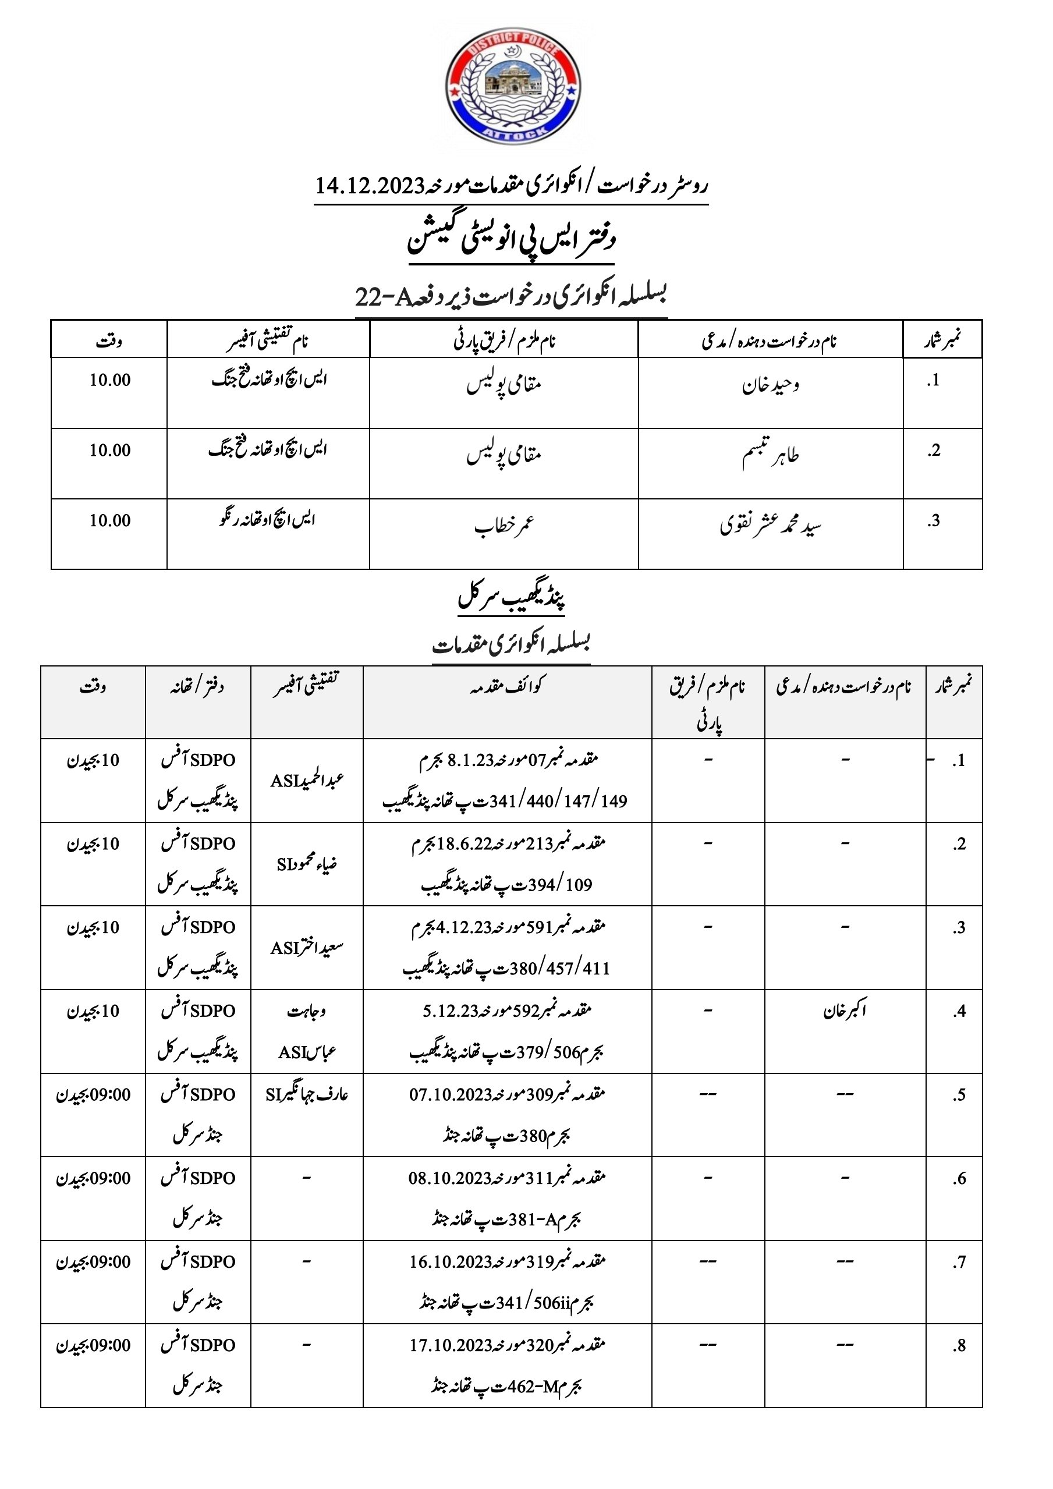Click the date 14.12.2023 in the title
point(369,187)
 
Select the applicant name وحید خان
point(770,386)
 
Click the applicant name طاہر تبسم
point(770,456)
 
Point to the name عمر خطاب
point(504,527)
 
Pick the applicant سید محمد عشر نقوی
point(770,527)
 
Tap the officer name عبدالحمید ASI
point(307,780)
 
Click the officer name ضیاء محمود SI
point(307,864)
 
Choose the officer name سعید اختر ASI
point(307,948)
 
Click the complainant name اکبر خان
point(845,1011)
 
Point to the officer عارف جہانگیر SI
point(307,1095)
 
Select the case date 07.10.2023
point(450,1095)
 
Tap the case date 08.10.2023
point(449,1178)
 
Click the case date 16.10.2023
point(450,1262)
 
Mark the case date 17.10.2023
point(450,1346)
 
